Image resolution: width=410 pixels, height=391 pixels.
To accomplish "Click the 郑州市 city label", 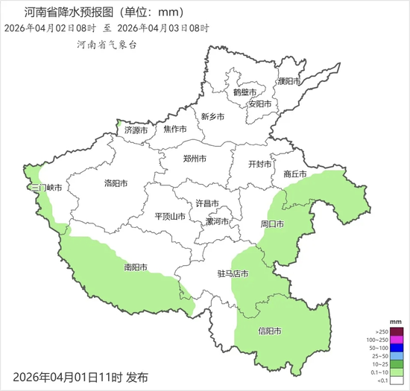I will pyautogui.click(x=195, y=159).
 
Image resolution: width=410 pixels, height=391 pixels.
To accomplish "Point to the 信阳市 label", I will pyautogui.click(x=269, y=331).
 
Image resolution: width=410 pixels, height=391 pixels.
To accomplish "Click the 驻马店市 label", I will pyautogui.click(x=233, y=274).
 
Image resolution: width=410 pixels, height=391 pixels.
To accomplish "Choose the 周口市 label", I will pyautogui.click(x=272, y=223).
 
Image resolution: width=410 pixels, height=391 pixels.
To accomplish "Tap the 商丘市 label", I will pyautogui.click(x=295, y=174).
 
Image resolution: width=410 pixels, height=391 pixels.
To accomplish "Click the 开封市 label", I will pyautogui.click(x=260, y=165).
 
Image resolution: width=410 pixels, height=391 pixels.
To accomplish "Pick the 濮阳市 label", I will pyautogui.click(x=288, y=81).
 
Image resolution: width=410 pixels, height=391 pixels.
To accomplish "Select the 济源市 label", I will pyautogui.click(x=136, y=130).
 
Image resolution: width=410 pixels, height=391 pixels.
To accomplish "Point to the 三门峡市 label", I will pyautogui.click(x=37, y=188).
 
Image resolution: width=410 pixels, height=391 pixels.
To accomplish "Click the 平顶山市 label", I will pyautogui.click(x=170, y=216).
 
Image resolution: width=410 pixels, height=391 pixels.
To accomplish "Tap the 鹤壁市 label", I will pyautogui.click(x=244, y=92).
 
